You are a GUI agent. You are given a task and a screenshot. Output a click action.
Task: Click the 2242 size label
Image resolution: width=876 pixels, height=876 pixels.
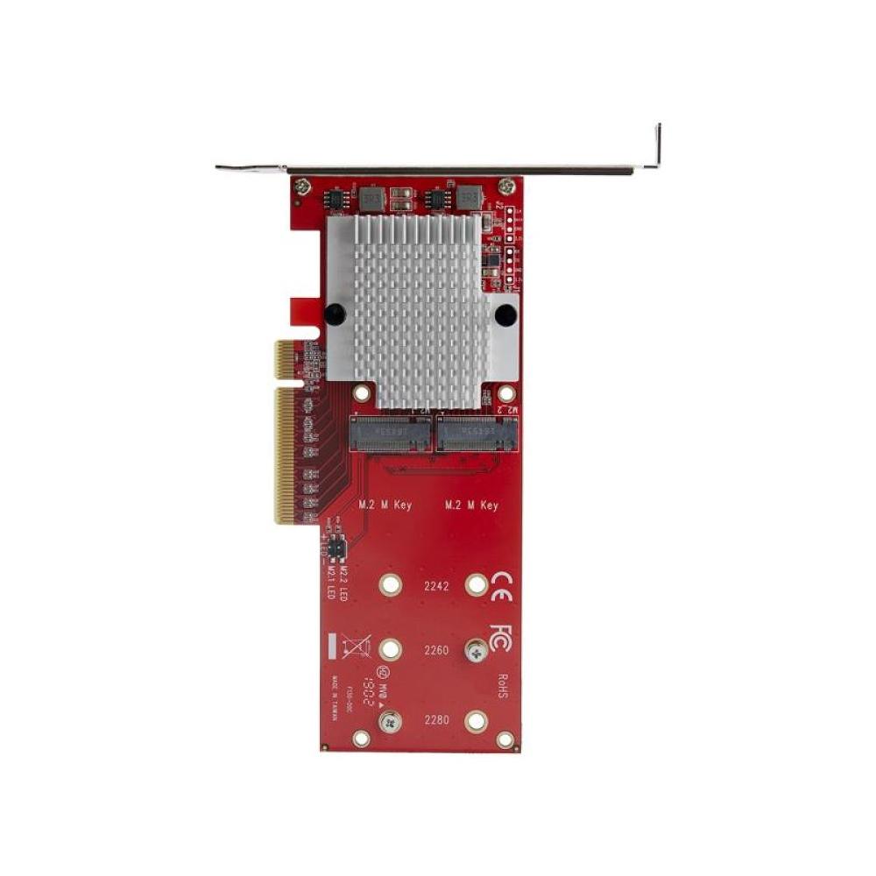pos(435,586)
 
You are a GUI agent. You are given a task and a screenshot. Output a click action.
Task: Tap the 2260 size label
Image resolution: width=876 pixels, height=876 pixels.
pos(435,650)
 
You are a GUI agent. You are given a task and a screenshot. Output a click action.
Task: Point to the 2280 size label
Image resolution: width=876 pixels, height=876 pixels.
pos(435,721)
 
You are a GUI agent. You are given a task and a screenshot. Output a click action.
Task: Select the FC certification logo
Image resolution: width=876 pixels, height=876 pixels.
pos(501,636)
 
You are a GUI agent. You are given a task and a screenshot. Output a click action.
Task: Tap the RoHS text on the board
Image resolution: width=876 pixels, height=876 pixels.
pos(501,684)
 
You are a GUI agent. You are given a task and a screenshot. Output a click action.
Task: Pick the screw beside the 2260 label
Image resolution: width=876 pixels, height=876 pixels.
pos(477,650)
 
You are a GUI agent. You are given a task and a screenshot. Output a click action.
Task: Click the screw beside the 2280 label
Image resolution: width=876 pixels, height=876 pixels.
pos(390,721)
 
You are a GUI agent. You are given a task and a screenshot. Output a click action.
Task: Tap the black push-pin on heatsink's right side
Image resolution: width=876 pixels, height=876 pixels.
pos(505,314)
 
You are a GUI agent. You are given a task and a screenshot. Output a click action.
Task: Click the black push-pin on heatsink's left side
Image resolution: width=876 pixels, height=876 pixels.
pos(335,314)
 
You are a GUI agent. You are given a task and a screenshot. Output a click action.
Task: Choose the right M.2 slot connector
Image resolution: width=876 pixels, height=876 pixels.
pos(477,434)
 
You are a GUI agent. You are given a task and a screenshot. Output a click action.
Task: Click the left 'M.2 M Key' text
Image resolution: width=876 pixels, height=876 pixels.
pos(385,505)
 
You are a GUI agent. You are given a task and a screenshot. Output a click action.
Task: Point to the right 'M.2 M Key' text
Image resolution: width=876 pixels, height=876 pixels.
pos(471,505)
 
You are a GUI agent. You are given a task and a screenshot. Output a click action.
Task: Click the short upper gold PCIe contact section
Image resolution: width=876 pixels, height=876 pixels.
pos(285,359)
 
